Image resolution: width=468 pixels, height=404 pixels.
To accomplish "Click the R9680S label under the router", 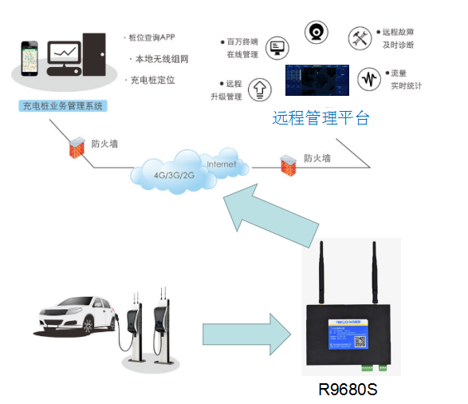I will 347,390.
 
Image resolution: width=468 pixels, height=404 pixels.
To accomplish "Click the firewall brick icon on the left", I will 77,147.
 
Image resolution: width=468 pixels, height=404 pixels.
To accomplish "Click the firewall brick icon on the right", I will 287,164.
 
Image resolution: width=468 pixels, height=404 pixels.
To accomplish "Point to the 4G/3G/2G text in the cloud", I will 175,175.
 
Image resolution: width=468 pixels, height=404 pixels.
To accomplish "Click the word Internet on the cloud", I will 222,164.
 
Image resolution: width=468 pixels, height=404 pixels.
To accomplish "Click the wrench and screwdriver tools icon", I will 360,38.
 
